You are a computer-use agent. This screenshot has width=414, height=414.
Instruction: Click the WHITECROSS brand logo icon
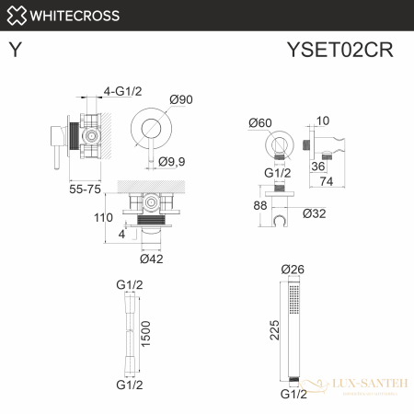(x=16, y=15)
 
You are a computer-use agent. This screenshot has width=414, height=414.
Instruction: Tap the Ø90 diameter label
(x=179, y=101)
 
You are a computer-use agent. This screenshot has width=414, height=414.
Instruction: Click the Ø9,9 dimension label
(x=173, y=162)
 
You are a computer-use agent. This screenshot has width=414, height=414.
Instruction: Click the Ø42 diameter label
(x=152, y=258)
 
